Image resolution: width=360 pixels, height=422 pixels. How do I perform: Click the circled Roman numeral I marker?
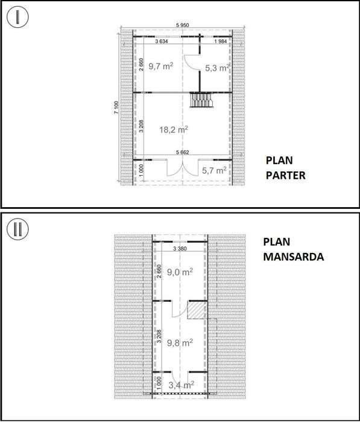[17, 17]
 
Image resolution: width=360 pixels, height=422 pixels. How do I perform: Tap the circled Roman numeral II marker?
[17, 229]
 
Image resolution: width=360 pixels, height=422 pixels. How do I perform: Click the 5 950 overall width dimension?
[183, 25]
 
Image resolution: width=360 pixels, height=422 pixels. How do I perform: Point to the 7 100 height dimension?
[116, 107]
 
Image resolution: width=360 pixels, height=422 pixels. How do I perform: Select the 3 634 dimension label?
[162, 42]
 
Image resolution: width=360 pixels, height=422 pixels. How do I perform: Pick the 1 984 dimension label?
[221, 42]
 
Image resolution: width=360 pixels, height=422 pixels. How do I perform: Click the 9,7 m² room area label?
[161, 66]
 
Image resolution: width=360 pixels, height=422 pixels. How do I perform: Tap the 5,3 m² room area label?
[217, 68]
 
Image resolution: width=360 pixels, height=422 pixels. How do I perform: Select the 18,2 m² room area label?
[174, 130]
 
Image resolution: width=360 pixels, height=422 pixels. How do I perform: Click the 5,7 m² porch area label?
[214, 170]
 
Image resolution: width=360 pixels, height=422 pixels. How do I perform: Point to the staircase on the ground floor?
[201, 100]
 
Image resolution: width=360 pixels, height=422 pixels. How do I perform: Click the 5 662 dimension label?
[183, 152]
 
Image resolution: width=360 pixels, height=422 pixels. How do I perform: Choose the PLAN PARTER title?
[285, 168]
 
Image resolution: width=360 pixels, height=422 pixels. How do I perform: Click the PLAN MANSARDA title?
[293, 249]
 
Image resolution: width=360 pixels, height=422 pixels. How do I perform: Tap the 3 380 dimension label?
[180, 249]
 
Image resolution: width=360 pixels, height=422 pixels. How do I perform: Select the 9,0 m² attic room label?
[180, 272]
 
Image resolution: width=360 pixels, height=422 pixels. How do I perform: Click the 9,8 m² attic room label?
[180, 343]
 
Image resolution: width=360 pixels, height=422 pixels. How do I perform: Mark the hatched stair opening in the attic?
[197, 310]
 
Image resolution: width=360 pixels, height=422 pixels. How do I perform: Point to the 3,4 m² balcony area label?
[182, 385]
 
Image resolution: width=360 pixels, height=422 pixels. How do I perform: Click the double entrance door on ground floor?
[183, 168]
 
